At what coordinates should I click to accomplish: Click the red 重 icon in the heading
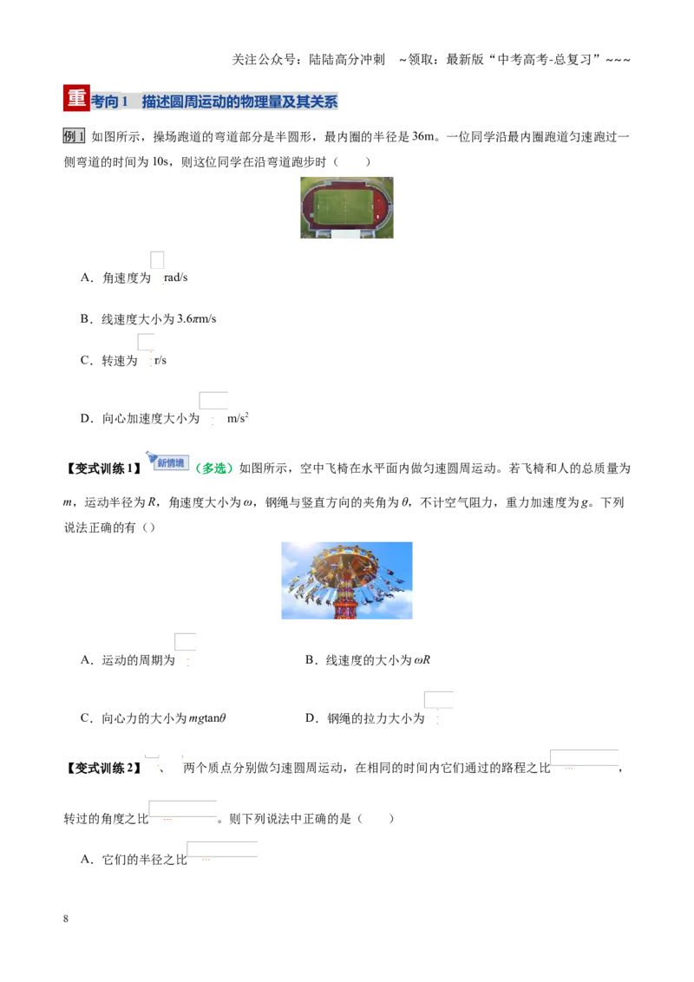click(x=76, y=98)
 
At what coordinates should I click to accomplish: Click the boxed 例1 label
click(x=74, y=136)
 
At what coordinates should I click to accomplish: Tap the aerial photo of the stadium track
click(x=347, y=207)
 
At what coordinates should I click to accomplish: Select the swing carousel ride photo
click(x=347, y=580)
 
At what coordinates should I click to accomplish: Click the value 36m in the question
click(x=423, y=136)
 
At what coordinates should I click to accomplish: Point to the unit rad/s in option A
click(x=176, y=278)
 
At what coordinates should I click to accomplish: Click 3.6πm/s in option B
click(x=197, y=318)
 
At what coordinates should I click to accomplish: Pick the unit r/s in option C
click(x=160, y=360)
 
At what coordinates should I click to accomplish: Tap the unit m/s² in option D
click(x=238, y=418)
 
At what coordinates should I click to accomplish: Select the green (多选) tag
click(x=214, y=468)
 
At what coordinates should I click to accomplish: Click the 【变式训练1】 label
click(x=103, y=468)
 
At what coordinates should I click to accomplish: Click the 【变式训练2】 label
click(x=103, y=768)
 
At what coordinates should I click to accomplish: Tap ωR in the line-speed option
click(x=422, y=660)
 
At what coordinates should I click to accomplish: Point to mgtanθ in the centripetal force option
click(x=207, y=718)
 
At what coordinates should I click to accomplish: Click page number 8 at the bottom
click(x=66, y=919)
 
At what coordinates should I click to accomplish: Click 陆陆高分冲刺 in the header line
click(x=347, y=60)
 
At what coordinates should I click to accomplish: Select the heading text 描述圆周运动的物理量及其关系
click(x=240, y=101)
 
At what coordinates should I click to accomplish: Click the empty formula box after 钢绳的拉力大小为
click(x=438, y=700)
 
